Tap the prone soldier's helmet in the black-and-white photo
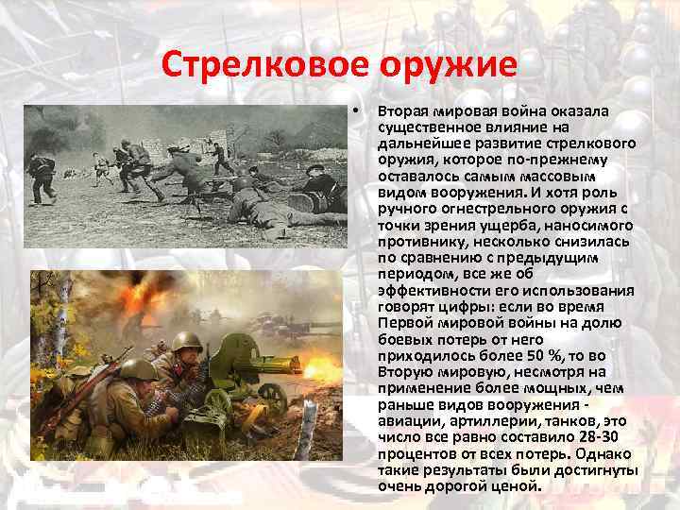(242, 181)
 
